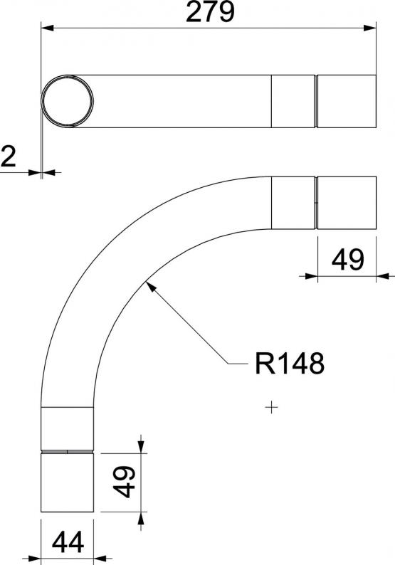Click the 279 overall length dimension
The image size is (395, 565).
[210, 11]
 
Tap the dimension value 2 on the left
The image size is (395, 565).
[9, 157]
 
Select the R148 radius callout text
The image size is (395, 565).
[290, 364]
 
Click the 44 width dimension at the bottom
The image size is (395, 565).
[68, 542]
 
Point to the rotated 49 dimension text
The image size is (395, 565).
[124, 482]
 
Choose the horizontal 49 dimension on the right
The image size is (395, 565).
[347, 260]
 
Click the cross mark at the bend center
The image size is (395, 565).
[271, 408]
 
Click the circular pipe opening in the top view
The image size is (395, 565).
[68, 101]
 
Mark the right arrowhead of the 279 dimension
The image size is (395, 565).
[370, 28]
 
